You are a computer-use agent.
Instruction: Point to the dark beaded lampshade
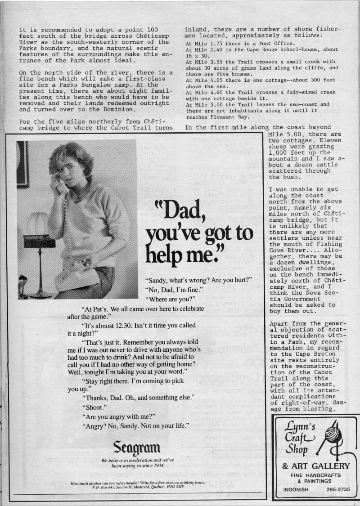[x=40, y=241]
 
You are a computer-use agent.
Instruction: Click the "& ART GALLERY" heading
[x=315, y=466]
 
